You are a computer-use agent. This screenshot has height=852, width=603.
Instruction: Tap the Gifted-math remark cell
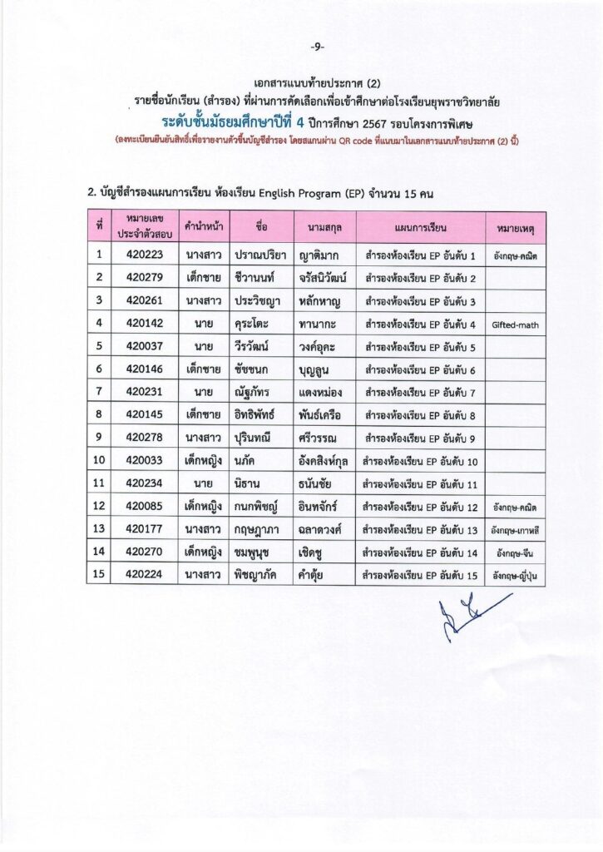tap(515, 324)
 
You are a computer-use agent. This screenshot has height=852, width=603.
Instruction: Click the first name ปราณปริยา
tap(259, 255)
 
